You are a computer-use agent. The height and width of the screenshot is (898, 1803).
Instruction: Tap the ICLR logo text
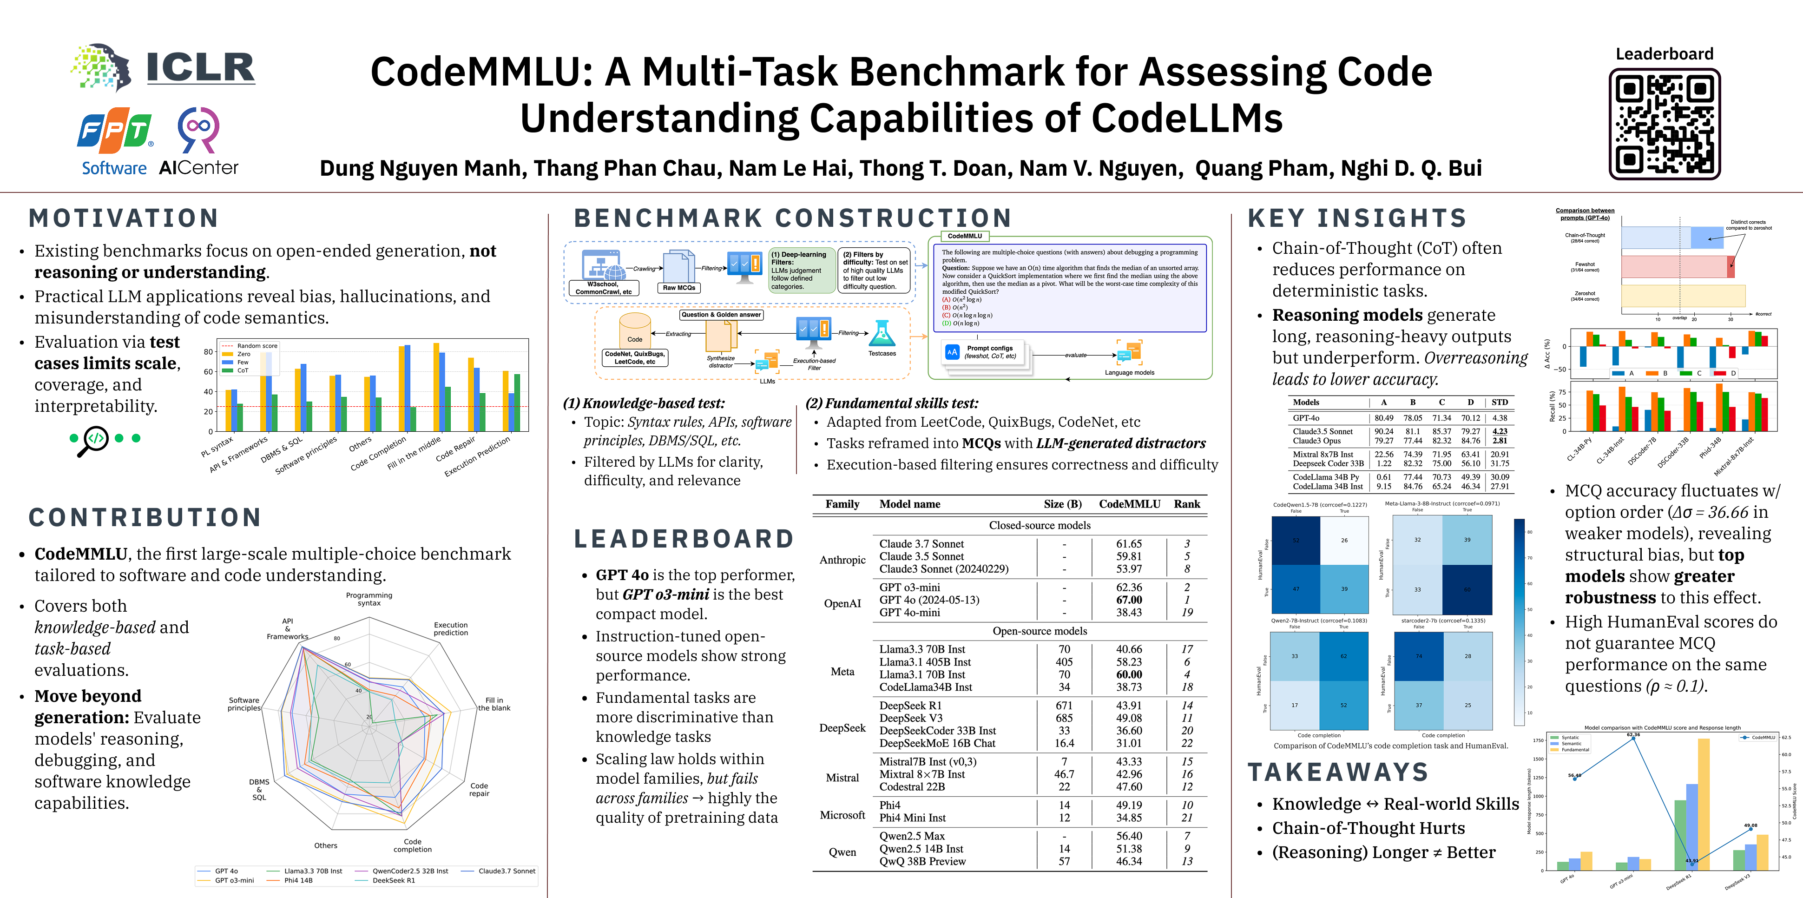coord(200,68)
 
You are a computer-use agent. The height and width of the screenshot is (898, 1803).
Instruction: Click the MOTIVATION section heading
coord(123,218)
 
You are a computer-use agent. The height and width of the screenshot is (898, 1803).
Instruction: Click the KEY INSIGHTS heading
coord(1357,218)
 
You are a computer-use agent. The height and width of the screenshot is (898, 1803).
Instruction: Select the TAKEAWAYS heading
coord(1337,772)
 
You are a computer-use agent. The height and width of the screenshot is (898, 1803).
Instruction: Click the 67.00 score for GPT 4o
coord(1129,600)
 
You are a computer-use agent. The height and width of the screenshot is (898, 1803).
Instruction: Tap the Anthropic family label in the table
coord(842,560)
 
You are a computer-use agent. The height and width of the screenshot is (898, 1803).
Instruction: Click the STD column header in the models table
coord(1499,403)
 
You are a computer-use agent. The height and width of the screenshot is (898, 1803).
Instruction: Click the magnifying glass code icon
coord(92,440)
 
